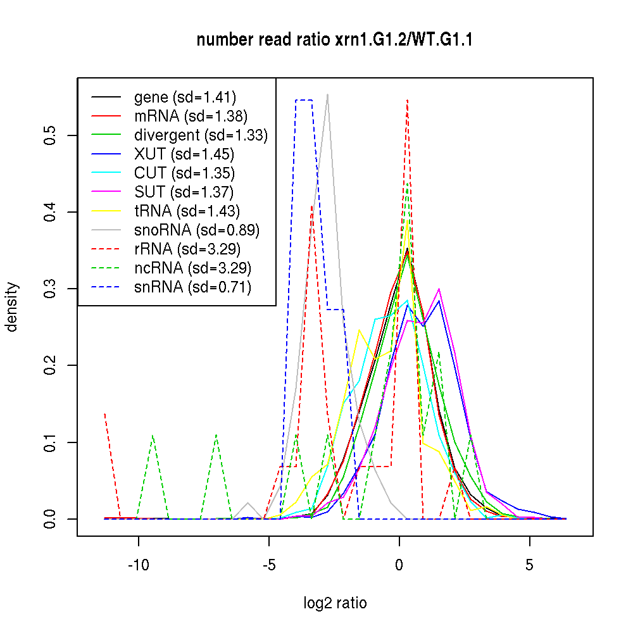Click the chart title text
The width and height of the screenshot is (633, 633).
(335, 40)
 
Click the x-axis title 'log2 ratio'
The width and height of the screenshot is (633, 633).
(335, 603)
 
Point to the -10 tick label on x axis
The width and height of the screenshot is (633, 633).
(139, 565)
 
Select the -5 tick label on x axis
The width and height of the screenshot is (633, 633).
(269, 565)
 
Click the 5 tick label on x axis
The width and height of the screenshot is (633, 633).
(530, 565)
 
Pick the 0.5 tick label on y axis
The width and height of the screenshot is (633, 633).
(51, 135)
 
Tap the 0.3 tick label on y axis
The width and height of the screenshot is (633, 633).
(51, 289)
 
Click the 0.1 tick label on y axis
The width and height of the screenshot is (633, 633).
(51, 442)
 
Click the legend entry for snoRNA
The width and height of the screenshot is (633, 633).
(197, 230)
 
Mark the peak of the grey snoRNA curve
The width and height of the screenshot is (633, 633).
(327, 94)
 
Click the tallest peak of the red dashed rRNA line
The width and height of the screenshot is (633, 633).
(408, 99)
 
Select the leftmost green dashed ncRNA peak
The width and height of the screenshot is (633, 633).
(153, 436)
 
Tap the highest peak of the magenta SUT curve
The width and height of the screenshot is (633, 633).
(439, 289)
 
